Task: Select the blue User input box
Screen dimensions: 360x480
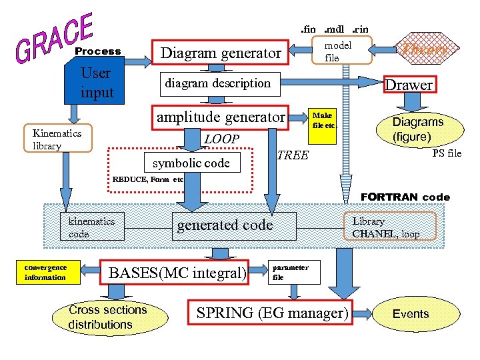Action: coord(96,83)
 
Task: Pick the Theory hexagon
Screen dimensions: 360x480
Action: coord(423,49)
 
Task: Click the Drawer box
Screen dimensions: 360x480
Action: coord(409,85)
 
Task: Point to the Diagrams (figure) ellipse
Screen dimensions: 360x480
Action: coord(417,129)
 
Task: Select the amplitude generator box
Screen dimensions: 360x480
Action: coord(221,117)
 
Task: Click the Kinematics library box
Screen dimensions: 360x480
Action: coord(57,139)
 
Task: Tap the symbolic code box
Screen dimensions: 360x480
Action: coord(191,163)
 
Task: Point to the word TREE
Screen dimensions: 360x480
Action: coord(292,155)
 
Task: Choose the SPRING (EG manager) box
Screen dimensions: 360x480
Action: coord(272,313)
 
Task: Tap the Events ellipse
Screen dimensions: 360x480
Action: coord(411,313)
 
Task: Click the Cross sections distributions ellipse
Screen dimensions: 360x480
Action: coord(107,317)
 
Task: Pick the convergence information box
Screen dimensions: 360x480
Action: coord(45,273)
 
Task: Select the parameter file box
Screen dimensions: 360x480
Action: coord(289,272)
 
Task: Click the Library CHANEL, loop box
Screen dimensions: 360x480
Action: coord(393,227)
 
